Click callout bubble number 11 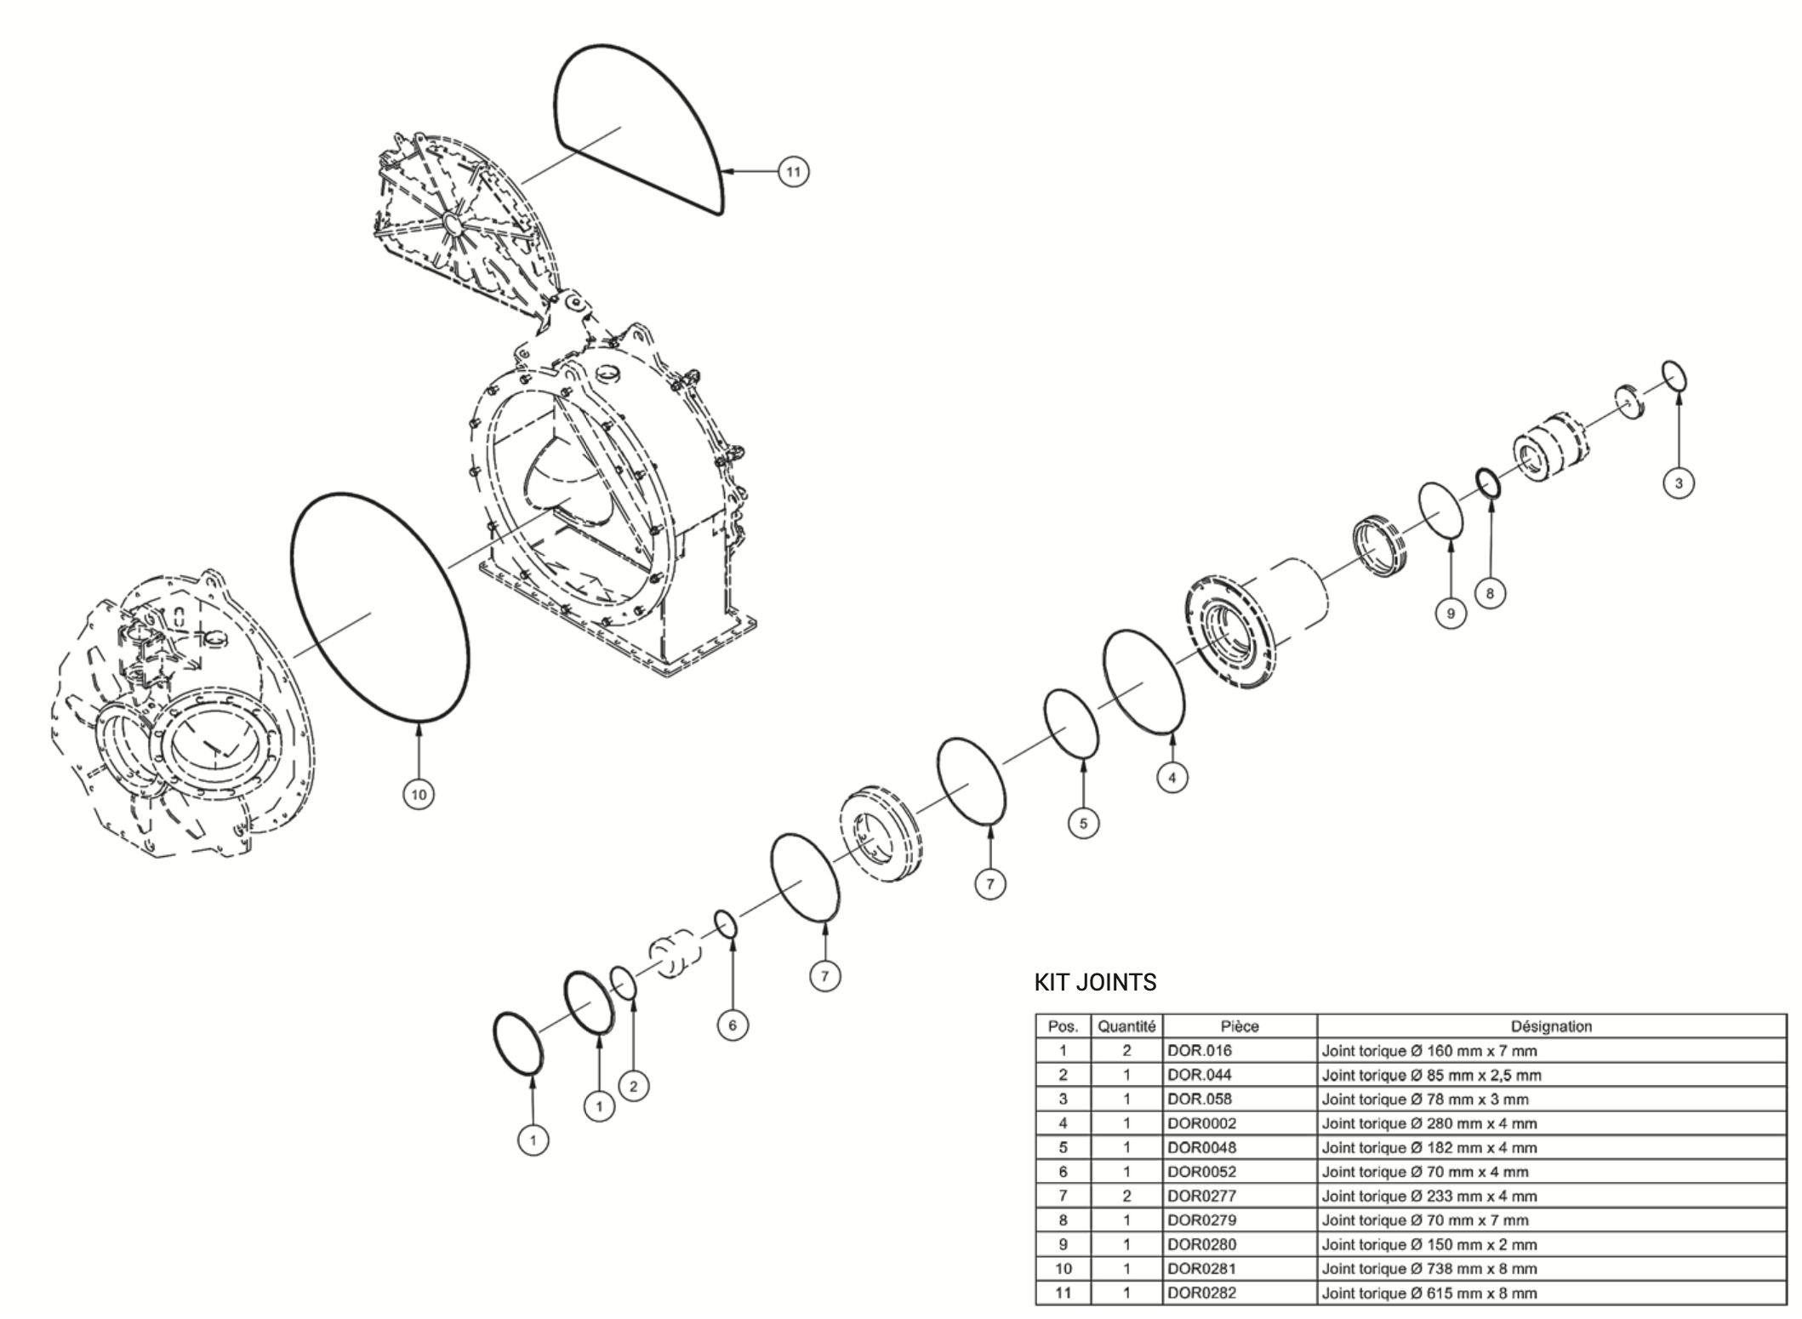[793, 173]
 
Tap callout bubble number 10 [419, 795]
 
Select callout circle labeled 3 [1679, 483]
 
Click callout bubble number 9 [1451, 613]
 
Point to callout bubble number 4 [1172, 777]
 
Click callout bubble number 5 [1083, 823]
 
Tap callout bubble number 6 [733, 1025]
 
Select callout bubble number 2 [633, 1086]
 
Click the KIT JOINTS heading [1095, 982]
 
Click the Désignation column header [1551, 1026]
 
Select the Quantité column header [1126, 1026]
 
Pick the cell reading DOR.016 [1200, 1051]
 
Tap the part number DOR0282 [1201, 1293]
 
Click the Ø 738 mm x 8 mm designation [1429, 1269]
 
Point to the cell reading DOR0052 [1201, 1172]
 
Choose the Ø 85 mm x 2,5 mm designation [1431, 1075]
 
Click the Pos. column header [1063, 1026]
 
